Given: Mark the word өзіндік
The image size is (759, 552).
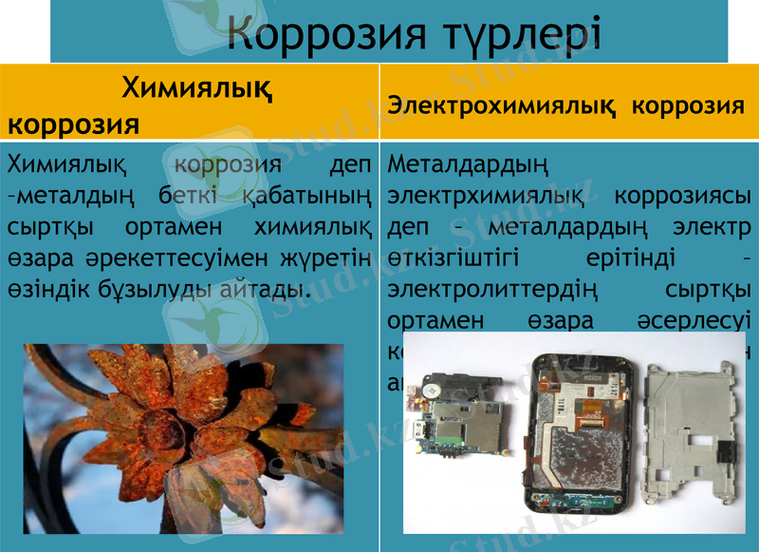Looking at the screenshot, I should [x=46, y=288].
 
